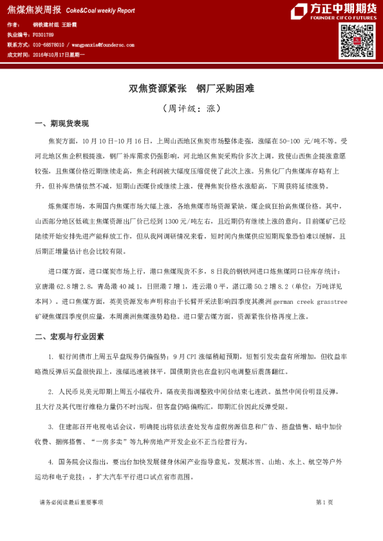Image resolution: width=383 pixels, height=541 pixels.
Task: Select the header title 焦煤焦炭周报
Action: [x=34, y=10]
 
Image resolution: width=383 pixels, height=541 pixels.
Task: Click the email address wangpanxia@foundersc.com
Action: [x=101, y=45]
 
